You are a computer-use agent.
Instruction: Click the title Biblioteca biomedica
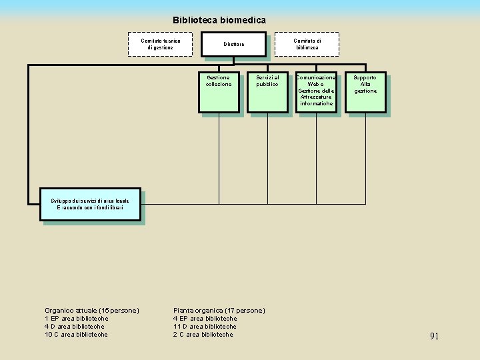(x=219, y=21)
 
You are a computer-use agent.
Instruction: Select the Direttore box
(x=234, y=45)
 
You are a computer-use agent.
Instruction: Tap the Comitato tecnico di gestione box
(x=160, y=44)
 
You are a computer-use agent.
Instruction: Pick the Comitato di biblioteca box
(x=307, y=44)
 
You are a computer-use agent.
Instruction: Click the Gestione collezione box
(x=219, y=91)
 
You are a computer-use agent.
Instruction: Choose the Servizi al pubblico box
(x=267, y=91)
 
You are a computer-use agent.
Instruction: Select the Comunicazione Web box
(x=316, y=91)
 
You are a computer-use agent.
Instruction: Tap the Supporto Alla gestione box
(x=365, y=91)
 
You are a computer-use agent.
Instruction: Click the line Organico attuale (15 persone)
(x=92, y=311)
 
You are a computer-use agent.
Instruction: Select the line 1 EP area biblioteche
(x=76, y=319)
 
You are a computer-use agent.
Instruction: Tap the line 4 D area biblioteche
(x=74, y=327)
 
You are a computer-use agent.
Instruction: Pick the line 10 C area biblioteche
(x=76, y=335)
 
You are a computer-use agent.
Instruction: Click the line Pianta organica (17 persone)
(x=219, y=311)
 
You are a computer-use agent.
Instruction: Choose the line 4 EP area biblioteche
(x=205, y=319)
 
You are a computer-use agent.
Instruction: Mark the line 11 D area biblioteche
(x=205, y=327)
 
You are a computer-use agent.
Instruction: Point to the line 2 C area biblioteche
(x=203, y=335)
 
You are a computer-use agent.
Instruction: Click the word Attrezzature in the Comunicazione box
(x=316, y=97)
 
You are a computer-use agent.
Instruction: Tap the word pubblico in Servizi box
(x=267, y=85)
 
